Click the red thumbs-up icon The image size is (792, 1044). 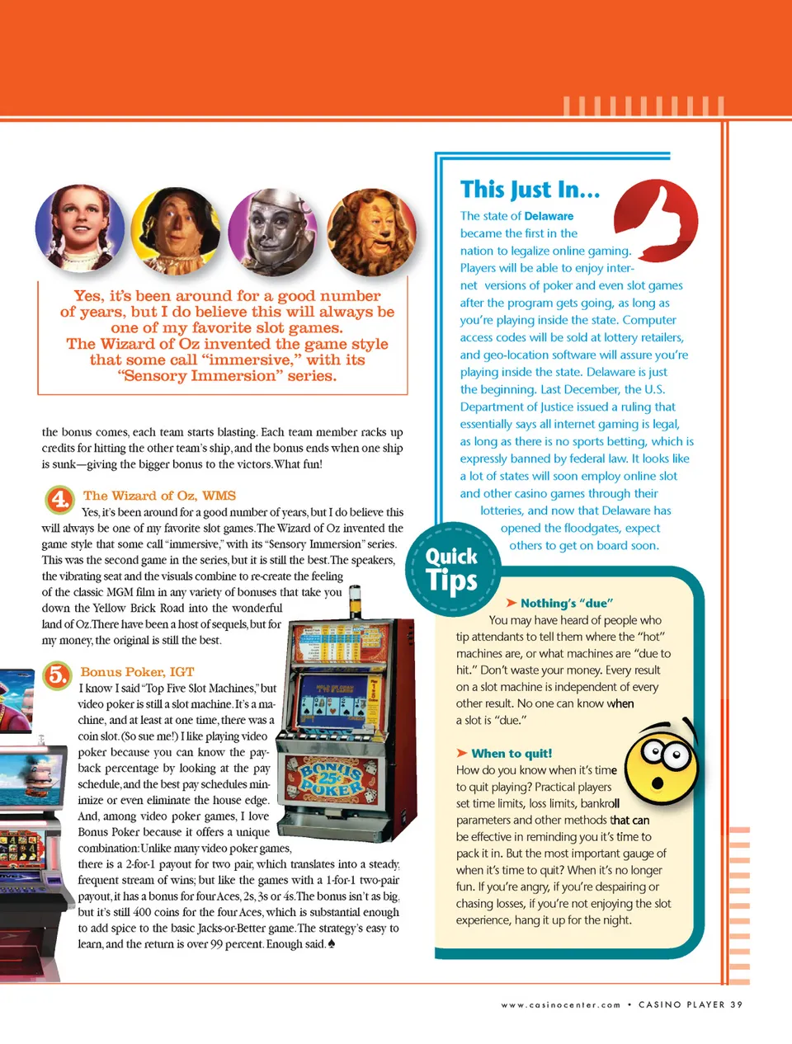(x=657, y=221)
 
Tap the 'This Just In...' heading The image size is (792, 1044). (x=530, y=190)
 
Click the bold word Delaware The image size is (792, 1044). (x=549, y=216)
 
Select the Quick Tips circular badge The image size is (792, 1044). (x=451, y=569)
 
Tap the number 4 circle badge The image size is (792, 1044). (x=59, y=499)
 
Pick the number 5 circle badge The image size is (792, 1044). (x=57, y=675)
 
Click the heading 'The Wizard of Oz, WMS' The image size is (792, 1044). (x=159, y=496)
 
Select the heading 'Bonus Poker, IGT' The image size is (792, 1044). (x=137, y=672)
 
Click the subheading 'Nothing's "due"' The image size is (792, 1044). (x=566, y=604)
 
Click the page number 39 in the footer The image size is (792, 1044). (x=736, y=1004)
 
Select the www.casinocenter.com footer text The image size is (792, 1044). (x=560, y=1005)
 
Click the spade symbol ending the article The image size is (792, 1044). (x=332, y=944)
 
